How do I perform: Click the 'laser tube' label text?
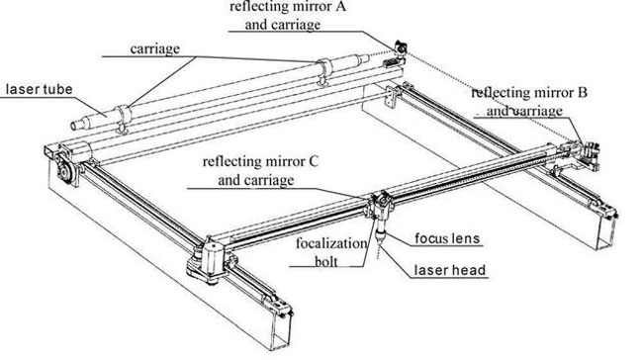[x=39, y=89]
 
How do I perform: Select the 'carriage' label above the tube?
[x=154, y=48]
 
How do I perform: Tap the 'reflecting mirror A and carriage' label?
[x=287, y=16]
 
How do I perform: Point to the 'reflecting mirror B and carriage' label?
[x=529, y=101]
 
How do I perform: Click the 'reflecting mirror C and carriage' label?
[x=260, y=170]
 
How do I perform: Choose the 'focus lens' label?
[x=447, y=238]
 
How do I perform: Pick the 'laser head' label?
[x=450, y=270]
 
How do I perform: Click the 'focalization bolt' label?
[x=331, y=252]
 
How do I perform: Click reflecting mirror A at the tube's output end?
[x=401, y=48]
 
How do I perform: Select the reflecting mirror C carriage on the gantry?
[x=379, y=204]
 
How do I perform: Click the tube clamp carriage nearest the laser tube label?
[x=123, y=119]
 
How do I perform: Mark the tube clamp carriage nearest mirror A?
[x=323, y=72]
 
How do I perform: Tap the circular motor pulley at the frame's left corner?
[x=64, y=170]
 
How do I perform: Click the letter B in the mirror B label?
[x=583, y=93]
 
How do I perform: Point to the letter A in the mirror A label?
[x=340, y=7]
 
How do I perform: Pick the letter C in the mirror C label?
[x=314, y=161]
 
